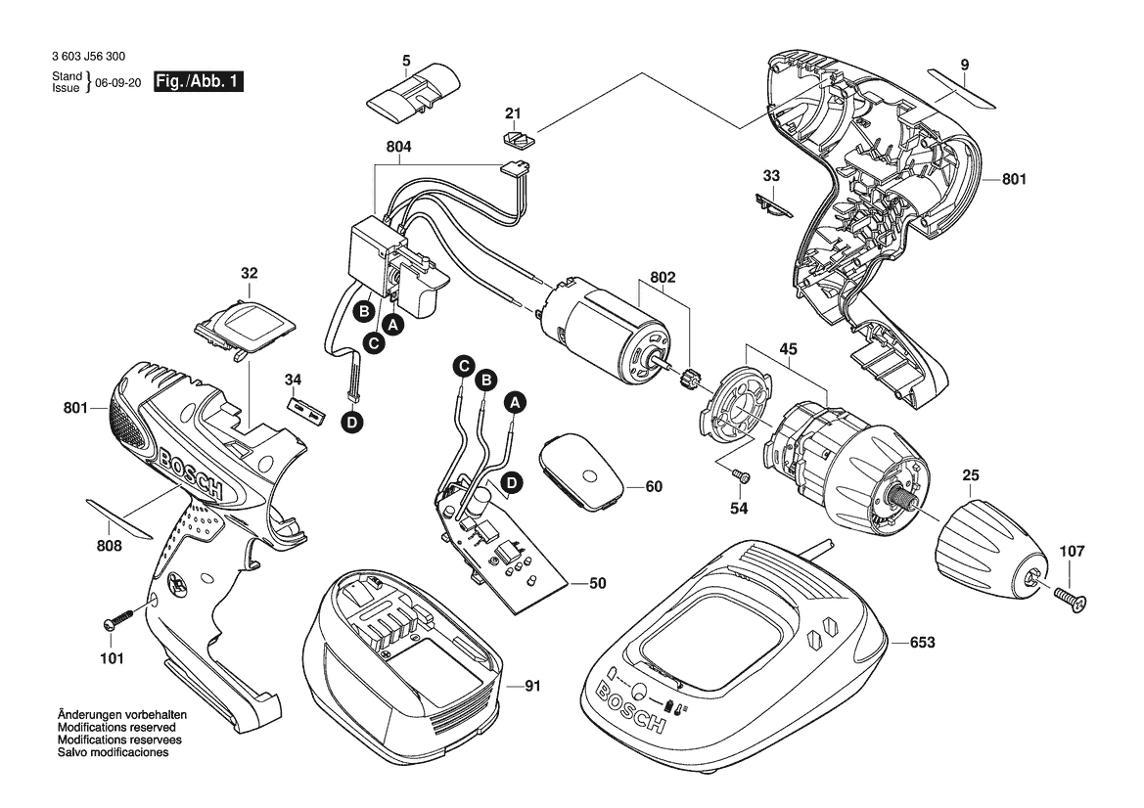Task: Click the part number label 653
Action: click(x=922, y=643)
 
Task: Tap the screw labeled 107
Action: click(x=1069, y=599)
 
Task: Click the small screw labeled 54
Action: click(x=742, y=475)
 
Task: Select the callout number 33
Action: click(x=771, y=176)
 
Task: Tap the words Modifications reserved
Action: click(x=116, y=728)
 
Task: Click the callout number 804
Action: click(x=399, y=147)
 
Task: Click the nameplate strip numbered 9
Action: click(x=962, y=88)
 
